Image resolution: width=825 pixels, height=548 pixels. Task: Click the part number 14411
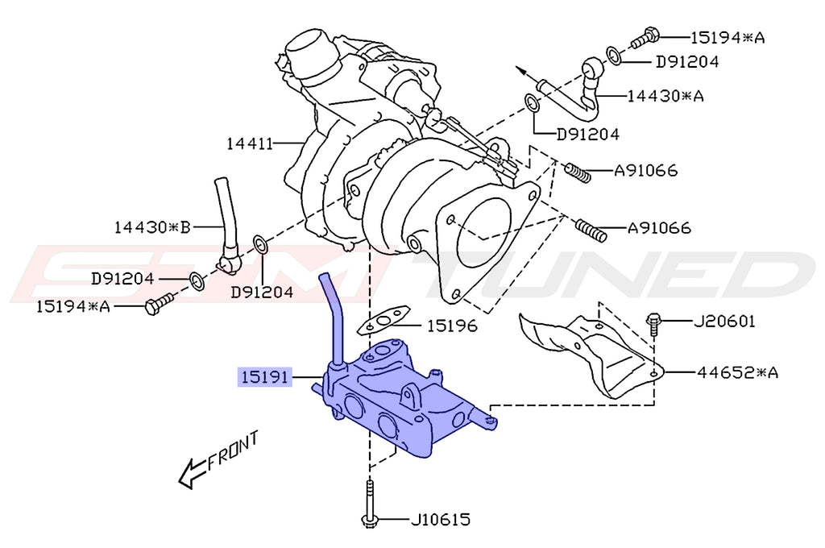[x=251, y=144]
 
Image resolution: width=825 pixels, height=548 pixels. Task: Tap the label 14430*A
[x=666, y=96]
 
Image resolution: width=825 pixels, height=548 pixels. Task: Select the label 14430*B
[x=151, y=227]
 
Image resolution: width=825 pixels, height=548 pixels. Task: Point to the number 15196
[x=451, y=326]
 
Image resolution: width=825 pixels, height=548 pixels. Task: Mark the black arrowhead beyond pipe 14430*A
[x=524, y=73]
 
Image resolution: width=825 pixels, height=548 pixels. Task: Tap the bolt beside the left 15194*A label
[x=159, y=304]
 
